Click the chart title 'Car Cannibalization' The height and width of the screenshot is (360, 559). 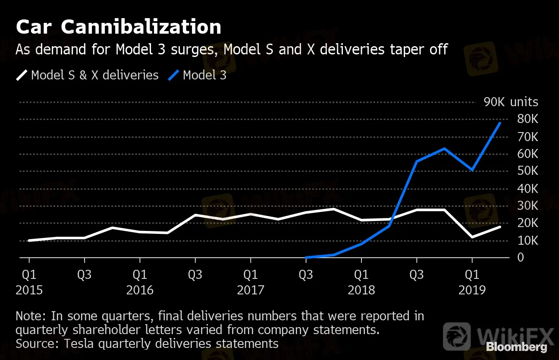point(119,27)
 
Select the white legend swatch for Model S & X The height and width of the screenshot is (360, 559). point(22,76)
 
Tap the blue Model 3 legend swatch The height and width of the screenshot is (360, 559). point(173,76)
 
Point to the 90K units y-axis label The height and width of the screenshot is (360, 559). point(511,102)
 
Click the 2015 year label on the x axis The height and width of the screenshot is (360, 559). point(29,290)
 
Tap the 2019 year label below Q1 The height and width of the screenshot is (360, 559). point(472,290)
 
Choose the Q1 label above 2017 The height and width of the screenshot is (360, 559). point(251,275)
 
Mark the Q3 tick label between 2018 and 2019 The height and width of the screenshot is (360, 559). point(417,275)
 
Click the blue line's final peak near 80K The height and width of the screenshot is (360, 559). point(500,123)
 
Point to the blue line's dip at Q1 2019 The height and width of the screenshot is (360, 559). point(472,170)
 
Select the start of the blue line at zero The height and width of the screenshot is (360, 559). point(306,257)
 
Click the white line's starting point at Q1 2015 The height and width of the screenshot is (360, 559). point(29,240)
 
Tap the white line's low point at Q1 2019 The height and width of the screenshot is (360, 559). point(472,237)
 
